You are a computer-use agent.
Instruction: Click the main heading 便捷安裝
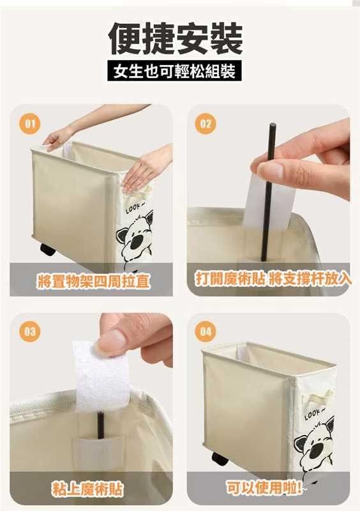click(x=176, y=38)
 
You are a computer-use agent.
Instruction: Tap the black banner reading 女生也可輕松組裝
click(x=175, y=71)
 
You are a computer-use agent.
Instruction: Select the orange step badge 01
click(x=30, y=124)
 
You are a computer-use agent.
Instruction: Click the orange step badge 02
click(x=206, y=124)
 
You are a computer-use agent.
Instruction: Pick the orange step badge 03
click(x=30, y=332)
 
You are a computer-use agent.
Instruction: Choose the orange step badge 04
click(x=206, y=332)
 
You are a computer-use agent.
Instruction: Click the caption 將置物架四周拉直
click(x=94, y=281)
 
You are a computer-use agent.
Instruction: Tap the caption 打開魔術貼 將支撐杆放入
click(x=273, y=279)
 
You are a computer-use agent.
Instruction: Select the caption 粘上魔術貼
click(x=87, y=489)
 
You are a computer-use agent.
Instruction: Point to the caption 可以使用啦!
click(x=264, y=488)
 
